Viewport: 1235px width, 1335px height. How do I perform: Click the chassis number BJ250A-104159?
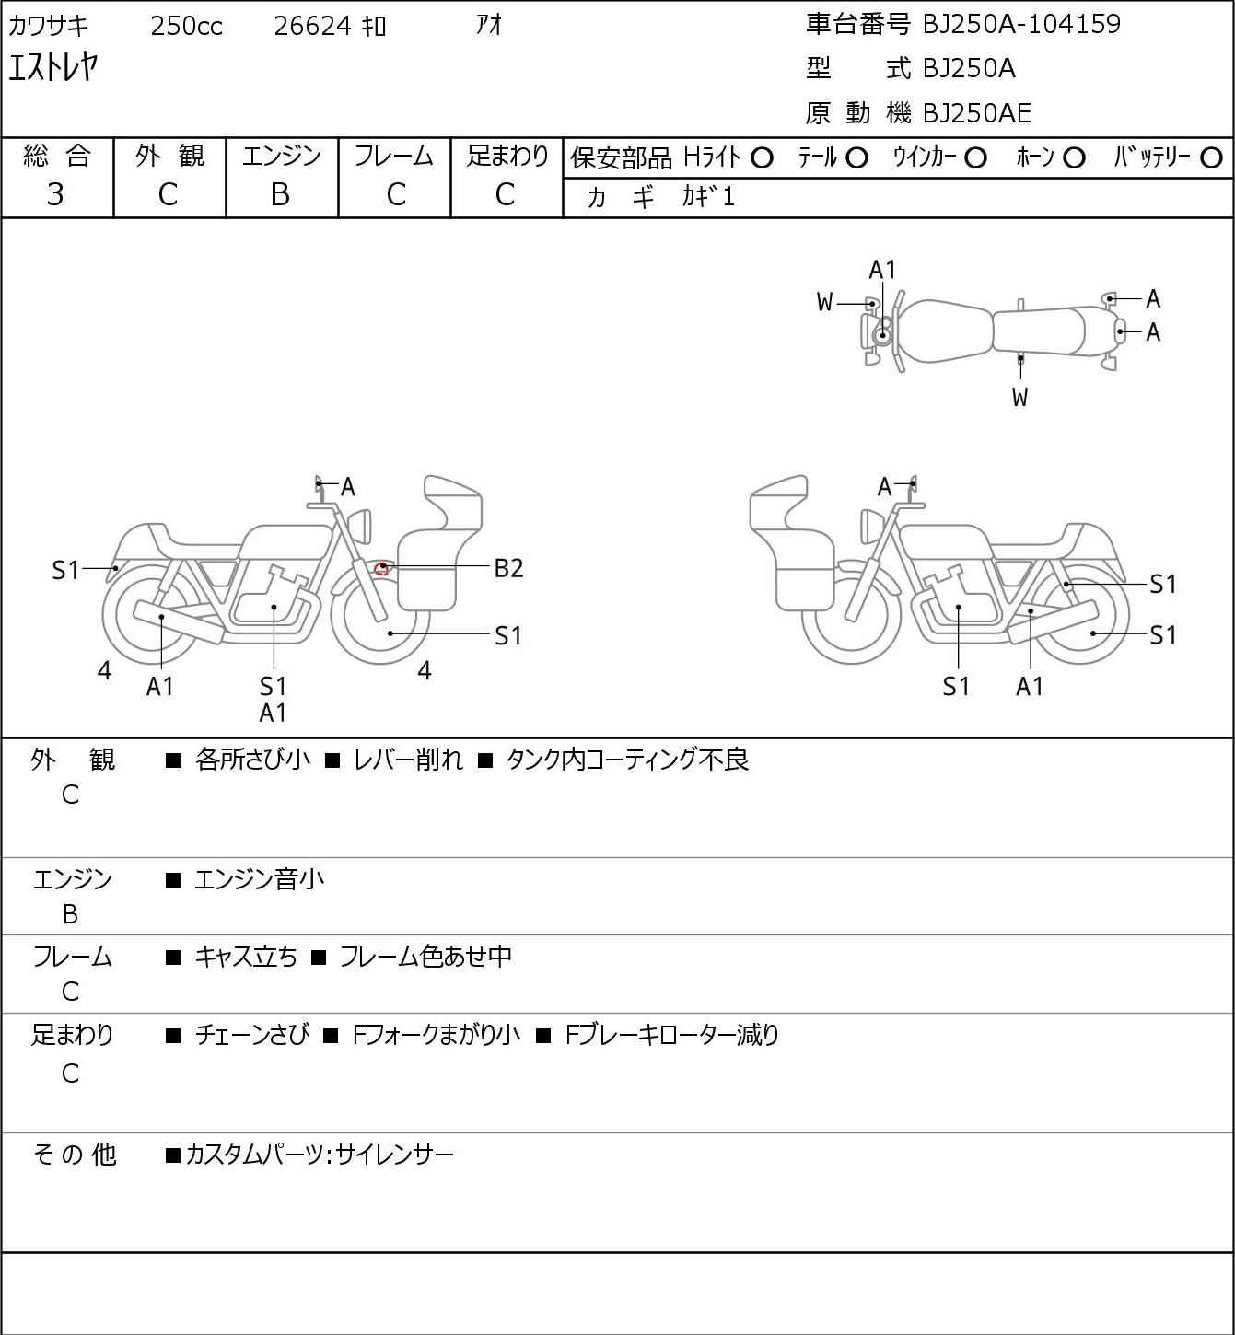(x=1021, y=25)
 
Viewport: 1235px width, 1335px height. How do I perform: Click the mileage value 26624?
(x=313, y=26)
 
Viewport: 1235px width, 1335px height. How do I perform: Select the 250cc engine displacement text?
(x=186, y=26)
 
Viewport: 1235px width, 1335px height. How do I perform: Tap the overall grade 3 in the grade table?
(x=55, y=195)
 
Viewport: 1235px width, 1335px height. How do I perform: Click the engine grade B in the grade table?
(x=280, y=195)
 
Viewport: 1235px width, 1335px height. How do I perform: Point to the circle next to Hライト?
(x=762, y=158)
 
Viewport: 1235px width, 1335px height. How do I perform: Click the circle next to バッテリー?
(x=1211, y=158)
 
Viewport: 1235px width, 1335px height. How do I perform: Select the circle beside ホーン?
(x=1074, y=158)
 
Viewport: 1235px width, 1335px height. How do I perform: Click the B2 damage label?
(x=508, y=569)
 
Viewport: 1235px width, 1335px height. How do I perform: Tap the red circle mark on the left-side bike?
(x=382, y=569)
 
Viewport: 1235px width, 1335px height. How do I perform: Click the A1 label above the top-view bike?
(x=882, y=271)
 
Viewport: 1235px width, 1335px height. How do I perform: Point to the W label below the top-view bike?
(x=1019, y=397)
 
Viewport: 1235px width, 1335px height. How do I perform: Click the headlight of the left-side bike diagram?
(x=360, y=526)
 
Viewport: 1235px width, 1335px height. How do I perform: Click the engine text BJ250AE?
(x=977, y=113)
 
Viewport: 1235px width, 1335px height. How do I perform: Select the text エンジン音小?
(x=259, y=879)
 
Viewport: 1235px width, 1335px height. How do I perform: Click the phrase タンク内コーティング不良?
(x=627, y=760)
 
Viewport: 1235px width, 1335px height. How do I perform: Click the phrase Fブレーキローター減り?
(x=672, y=1035)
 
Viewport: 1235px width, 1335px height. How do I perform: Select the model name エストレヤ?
(x=53, y=68)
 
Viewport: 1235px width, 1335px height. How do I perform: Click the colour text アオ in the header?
(x=489, y=26)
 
